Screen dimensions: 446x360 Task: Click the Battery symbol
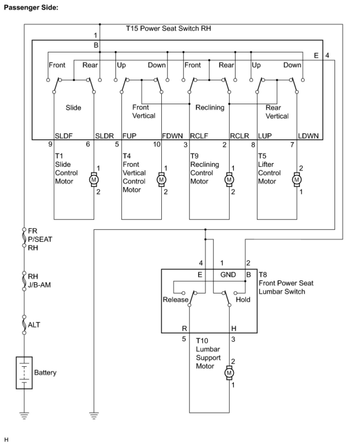[24, 372]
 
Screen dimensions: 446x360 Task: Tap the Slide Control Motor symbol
[94, 180]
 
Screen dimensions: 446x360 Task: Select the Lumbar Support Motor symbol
[229, 373]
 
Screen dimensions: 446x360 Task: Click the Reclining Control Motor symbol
[229, 180]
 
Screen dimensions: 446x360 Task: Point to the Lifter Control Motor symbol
[297, 180]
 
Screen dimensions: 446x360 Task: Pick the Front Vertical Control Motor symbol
[162, 180]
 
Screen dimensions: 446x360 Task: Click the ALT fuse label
[34, 325]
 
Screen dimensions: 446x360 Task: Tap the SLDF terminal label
[64, 136]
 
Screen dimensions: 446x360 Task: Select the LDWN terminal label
[308, 136]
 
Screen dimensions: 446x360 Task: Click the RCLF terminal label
[199, 136]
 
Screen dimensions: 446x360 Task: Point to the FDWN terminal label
[172, 136]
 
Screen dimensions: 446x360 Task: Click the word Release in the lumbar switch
[176, 300]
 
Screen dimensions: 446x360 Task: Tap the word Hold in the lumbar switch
[243, 300]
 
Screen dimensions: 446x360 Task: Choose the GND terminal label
[228, 275]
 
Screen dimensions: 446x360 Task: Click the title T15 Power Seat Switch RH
[168, 29]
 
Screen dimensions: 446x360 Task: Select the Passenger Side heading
[31, 8]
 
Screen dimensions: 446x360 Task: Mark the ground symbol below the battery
[24, 415]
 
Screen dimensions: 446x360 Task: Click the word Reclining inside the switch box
[210, 107]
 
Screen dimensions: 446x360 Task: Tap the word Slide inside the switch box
[73, 107]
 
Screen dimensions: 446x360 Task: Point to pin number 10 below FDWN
[157, 144]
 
